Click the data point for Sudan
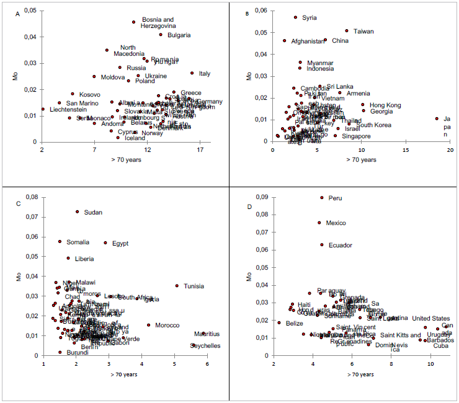[78, 211]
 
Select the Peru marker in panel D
[322, 197]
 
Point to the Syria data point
[295, 17]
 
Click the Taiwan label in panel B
[363, 31]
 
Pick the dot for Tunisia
[177, 286]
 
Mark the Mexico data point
[319, 223]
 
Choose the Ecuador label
[341, 245]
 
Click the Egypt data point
[105, 243]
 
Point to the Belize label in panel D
[295, 323]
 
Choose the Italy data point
[192, 73]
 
